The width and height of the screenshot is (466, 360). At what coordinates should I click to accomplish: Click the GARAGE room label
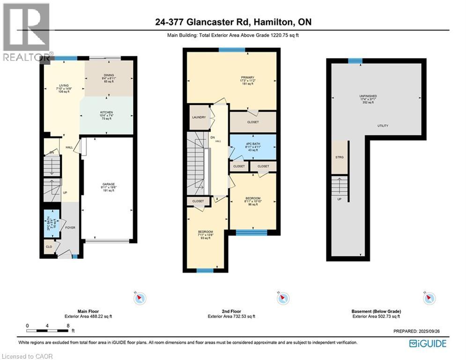click(x=109, y=184)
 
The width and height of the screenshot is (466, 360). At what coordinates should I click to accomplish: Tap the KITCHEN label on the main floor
click(x=106, y=112)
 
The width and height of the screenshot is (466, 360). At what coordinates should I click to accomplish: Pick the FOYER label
click(x=70, y=228)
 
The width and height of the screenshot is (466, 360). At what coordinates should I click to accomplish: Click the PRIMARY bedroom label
click(x=248, y=77)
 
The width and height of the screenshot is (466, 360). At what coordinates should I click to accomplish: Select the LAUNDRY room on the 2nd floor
click(x=199, y=117)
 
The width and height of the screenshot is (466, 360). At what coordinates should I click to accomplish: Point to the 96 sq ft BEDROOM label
click(x=253, y=198)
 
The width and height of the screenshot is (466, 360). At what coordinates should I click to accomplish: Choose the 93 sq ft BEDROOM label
click(x=206, y=232)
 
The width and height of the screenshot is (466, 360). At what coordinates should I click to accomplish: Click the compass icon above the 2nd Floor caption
click(x=283, y=298)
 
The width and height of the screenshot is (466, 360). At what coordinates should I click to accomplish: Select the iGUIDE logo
click(x=428, y=344)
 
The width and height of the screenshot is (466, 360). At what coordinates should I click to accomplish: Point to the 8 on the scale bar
click(x=68, y=325)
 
